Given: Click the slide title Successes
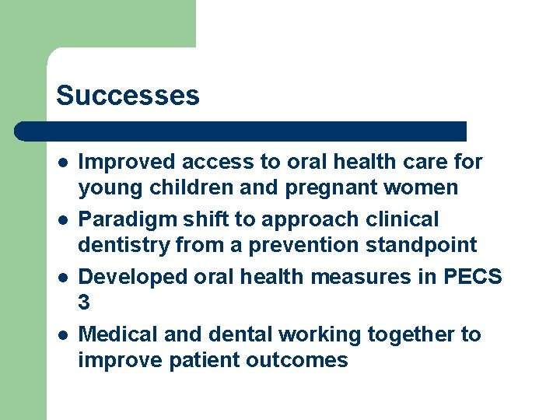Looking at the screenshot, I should coord(128,96).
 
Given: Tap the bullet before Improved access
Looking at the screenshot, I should coord(61,163).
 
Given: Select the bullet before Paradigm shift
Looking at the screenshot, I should coord(61,220).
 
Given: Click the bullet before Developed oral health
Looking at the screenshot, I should coord(61,278).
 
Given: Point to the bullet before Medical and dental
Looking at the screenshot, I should coord(61,335).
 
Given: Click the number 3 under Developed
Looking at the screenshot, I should coord(85,303).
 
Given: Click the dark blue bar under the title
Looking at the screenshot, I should coord(241,131).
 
